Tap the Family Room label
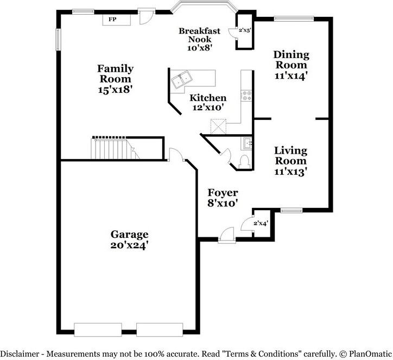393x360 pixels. click(115, 73)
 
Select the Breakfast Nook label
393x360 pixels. click(199, 35)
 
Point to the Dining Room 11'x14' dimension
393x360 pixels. click(291, 75)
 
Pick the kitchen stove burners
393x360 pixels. click(246, 96)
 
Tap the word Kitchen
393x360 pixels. click(207, 98)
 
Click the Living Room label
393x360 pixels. click(290, 155)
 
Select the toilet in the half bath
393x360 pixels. click(244, 161)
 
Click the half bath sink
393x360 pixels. click(247, 143)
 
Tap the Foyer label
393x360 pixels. click(223, 193)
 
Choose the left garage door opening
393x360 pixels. click(98, 330)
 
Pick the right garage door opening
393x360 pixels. click(161, 330)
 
